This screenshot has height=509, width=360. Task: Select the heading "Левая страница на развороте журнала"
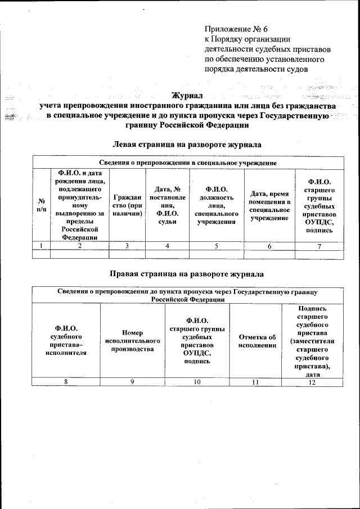click(x=187, y=145)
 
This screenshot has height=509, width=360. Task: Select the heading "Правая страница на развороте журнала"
click(x=187, y=274)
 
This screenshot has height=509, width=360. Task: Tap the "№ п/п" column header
click(x=41, y=205)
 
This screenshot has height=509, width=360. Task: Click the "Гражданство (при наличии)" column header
click(x=127, y=205)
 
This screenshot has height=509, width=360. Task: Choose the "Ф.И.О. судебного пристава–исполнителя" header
click(x=66, y=340)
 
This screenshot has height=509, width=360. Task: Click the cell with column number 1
click(x=41, y=246)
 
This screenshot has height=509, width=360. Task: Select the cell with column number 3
click(x=127, y=246)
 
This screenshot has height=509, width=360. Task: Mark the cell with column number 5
click(x=217, y=246)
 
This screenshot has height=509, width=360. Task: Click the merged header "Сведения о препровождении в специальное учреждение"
click(x=188, y=163)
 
